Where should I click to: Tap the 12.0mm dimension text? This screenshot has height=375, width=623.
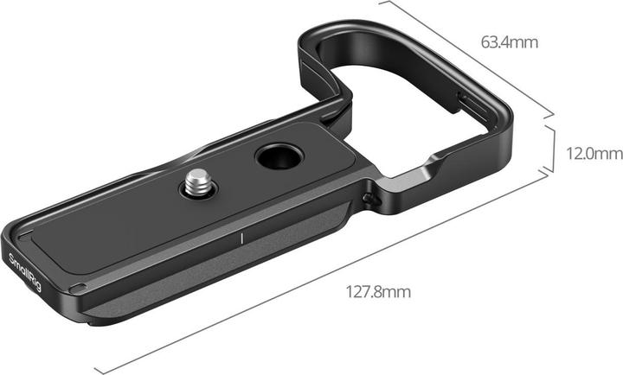(593, 154)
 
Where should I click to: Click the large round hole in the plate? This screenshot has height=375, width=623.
(275, 158)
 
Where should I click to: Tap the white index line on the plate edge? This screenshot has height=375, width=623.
(244, 238)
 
